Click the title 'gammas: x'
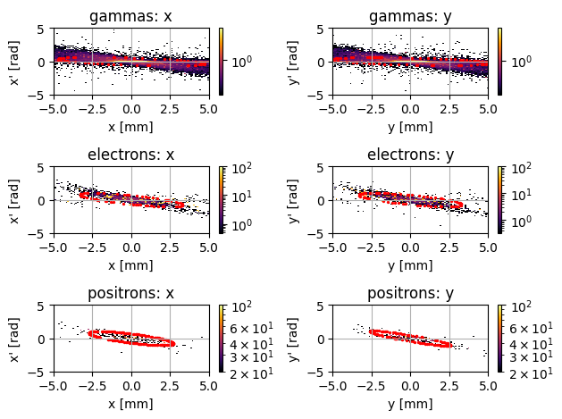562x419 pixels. [x=131, y=16]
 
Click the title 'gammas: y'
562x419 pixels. [x=410, y=16]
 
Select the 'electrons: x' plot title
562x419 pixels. [x=131, y=155]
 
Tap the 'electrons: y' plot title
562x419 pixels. [x=410, y=155]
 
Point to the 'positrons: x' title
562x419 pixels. [x=131, y=293]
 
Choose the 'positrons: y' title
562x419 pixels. [x=410, y=293]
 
